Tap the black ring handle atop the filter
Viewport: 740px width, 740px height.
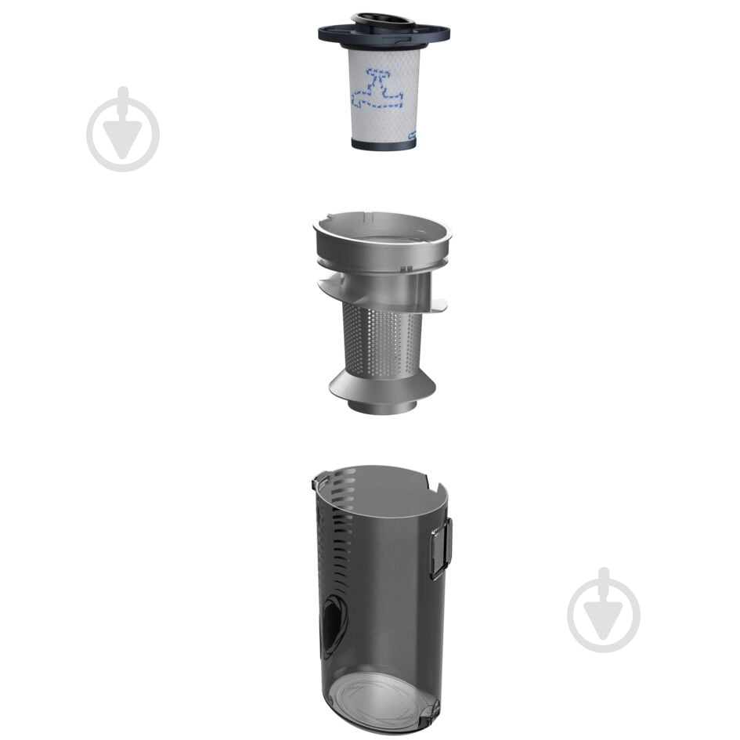coord(383,20)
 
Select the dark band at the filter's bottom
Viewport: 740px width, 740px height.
coord(384,144)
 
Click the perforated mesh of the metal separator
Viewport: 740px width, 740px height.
coord(382,341)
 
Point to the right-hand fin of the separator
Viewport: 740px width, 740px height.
coord(435,304)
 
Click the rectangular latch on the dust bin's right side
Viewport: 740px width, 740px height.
coord(441,548)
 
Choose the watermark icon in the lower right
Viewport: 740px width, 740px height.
coord(604,610)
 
